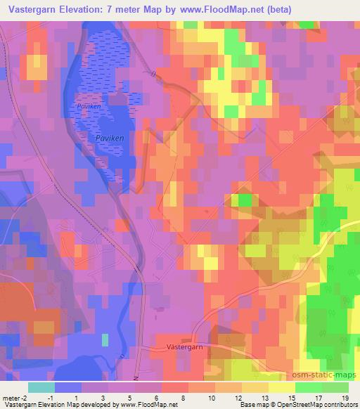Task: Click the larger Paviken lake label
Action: (x=109, y=139)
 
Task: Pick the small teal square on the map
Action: (x=105, y=340)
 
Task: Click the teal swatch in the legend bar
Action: (x=41, y=387)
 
